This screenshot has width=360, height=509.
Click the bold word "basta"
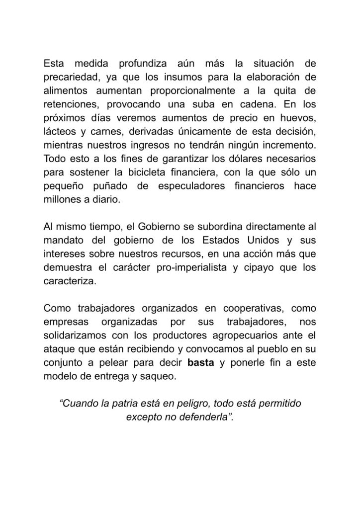click(x=200, y=361)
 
